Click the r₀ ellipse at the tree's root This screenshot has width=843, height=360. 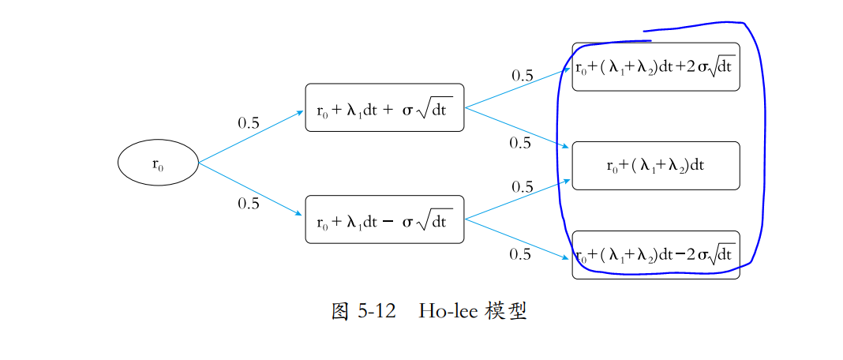[158, 163]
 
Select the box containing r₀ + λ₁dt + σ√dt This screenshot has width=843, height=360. [384, 108]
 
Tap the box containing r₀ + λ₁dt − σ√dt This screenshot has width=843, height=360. [384, 219]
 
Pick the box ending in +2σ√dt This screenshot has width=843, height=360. [655, 67]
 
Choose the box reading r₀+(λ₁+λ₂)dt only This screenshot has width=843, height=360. [655, 166]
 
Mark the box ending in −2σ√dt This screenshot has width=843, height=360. [655, 255]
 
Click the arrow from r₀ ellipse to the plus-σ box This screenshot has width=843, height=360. [251, 137]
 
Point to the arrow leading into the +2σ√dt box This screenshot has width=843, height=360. [517, 88]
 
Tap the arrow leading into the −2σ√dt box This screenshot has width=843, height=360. [517, 238]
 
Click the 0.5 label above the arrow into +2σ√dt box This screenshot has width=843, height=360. [523, 76]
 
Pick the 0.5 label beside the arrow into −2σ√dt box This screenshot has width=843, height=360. [520, 254]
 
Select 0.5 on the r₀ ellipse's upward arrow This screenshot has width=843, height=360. [249, 123]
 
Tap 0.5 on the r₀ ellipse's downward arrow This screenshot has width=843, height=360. [249, 204]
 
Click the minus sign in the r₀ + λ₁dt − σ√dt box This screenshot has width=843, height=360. [387, 222]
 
